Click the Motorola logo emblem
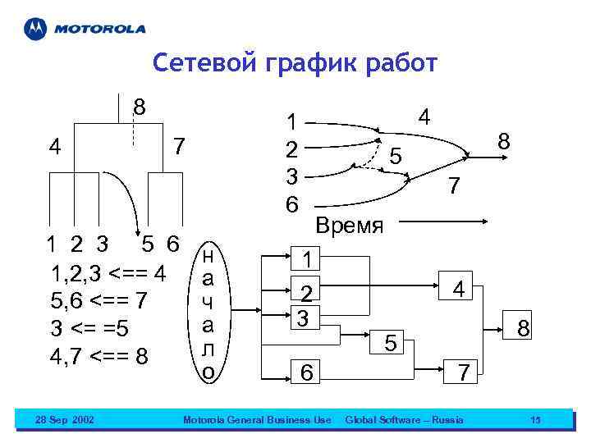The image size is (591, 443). point(35,29)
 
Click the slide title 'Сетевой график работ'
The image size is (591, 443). point(295,64)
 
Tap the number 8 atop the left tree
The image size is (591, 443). point(140,107)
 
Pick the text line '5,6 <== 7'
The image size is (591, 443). point(98,301)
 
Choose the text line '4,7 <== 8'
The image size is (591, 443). point(98,356)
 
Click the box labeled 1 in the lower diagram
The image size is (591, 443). point(305,260)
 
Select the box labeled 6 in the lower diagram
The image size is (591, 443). point(305,372)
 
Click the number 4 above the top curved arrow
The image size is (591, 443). point(424,117)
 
